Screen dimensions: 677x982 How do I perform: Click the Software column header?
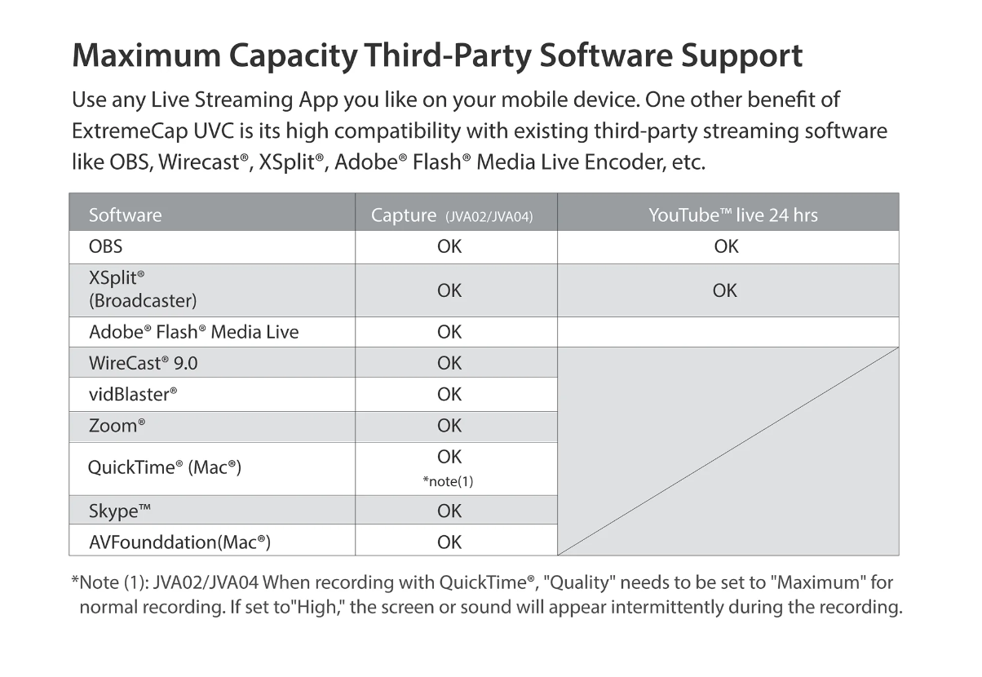coord(125,215)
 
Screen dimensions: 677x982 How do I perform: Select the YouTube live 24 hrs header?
coord(732,215)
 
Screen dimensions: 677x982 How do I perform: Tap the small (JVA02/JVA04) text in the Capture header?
coord(489,217)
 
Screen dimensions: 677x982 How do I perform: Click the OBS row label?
coord(106,246)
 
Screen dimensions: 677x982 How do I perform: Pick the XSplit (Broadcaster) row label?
coord(142,290)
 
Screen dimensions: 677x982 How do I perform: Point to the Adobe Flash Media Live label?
coord(193,332)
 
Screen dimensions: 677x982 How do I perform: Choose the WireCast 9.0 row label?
coord(143,363)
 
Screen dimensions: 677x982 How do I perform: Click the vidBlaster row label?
coord(133,395)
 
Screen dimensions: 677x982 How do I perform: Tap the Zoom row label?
coord(117,426)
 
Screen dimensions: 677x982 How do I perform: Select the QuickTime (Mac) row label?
coord(164,467)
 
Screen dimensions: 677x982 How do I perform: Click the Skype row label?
coord(120,511)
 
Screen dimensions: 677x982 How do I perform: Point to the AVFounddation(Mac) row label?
coord(179,542)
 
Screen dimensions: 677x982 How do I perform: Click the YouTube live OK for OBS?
coord(726,246)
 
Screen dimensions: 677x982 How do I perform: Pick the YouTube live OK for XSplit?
coord(724,290)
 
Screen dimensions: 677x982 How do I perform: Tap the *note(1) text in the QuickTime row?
coord(448,481)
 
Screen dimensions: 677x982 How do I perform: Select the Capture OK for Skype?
coord(449,511)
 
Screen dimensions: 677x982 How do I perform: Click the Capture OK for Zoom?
coord(449,426)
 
